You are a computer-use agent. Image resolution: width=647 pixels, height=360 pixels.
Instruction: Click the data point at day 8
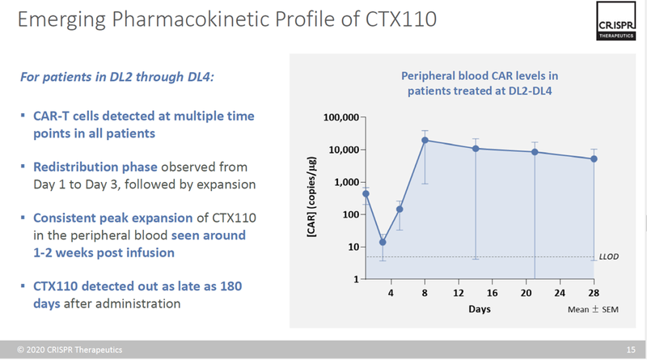pyautogui.click(x=425, y=140)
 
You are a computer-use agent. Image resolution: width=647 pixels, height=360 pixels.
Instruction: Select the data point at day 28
pyautogui.click(x=594, y=159)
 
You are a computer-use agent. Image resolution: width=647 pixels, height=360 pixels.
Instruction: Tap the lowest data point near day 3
pyautogui.click(x=383, y=242)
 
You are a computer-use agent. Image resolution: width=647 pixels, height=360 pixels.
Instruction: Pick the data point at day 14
pyautogui.click(x=476, y=148)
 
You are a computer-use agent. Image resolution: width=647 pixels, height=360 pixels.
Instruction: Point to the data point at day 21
pyautogui.click(x=535, y=152)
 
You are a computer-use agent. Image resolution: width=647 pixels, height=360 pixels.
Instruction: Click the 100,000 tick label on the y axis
pyautogui.click(x=339, y=118)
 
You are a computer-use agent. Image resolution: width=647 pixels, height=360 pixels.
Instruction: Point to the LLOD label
pyautogui.click(x=609, y=257)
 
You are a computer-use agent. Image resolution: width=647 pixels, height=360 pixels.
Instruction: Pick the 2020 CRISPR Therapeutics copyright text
pyautogui.click(x=66, y=349)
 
